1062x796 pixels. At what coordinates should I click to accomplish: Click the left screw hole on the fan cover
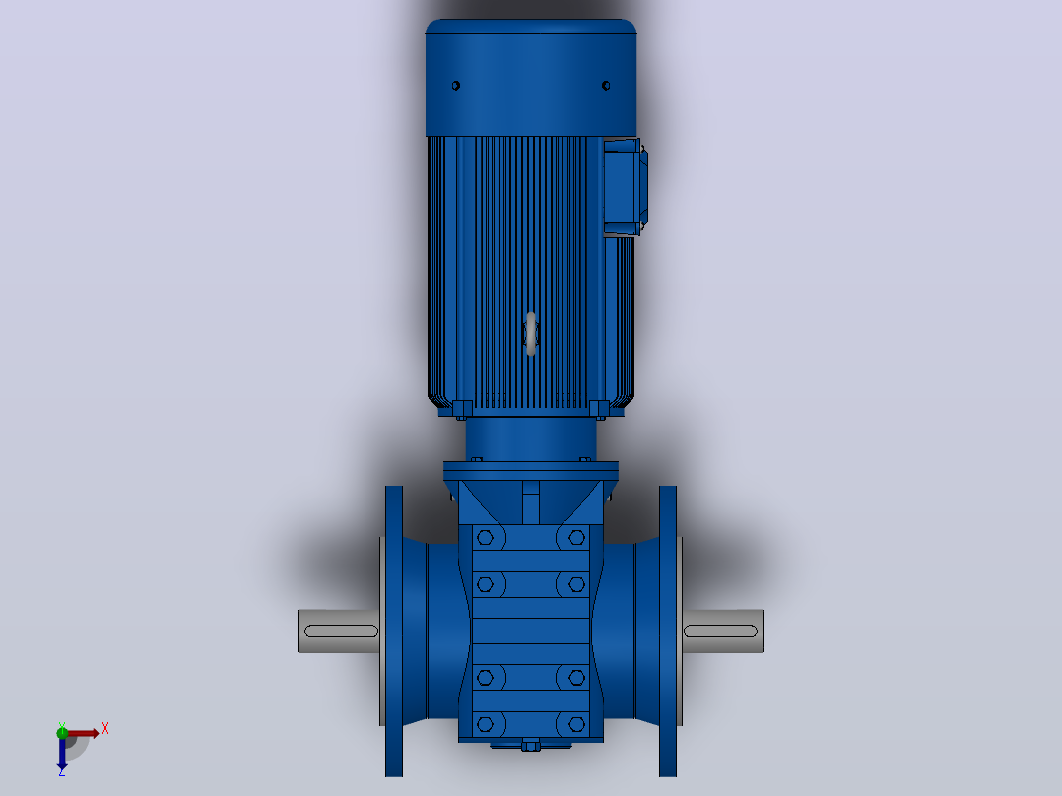click(x=456, y=86)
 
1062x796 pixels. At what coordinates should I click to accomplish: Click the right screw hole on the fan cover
click(x=606, y=86)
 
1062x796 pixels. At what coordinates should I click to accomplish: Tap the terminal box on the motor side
click(x=624, y=187)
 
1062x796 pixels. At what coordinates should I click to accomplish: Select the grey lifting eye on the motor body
click(x=531, y=333)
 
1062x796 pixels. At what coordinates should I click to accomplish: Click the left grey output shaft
click(x=339, y=631)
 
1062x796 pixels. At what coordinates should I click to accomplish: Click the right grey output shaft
click(x=723, y=631)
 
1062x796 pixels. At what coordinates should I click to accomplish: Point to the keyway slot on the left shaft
click(x=341, y=631)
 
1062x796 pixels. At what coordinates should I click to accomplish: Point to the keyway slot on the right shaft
click(x=721, y=631)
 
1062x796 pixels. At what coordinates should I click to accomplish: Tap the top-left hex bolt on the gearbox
click(x=485, y=538)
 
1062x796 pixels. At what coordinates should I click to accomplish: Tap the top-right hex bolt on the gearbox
click(x=577, y=538)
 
